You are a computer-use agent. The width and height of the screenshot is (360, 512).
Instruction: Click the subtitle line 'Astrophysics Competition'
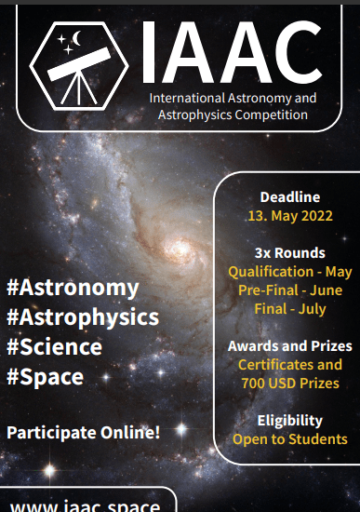[233, 115]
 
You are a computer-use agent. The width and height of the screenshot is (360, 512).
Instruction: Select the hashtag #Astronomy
[73, 288]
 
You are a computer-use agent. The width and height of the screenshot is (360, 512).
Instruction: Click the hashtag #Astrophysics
[83, 317]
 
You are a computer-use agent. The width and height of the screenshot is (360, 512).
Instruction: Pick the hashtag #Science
[54, 347]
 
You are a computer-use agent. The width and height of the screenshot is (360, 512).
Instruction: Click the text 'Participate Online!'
[84, 432]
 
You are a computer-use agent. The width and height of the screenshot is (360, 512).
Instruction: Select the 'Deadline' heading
[290, 196]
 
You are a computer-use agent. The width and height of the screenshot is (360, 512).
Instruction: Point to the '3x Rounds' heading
[289, 253]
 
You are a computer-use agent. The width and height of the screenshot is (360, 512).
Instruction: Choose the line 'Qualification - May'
[290, 272]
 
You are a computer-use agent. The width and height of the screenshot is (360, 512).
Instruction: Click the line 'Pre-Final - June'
[290, 290]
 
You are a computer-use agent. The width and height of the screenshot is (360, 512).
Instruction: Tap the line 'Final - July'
[290, 308]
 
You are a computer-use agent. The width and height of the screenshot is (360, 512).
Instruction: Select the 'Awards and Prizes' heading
[289, 346]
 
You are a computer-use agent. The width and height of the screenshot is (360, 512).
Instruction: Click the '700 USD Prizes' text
[289, 383]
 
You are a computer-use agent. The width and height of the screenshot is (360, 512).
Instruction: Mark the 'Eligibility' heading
[290, 420]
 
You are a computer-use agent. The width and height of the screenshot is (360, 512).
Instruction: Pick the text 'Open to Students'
[290, 438]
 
